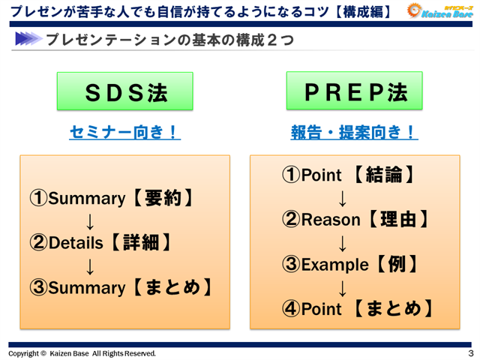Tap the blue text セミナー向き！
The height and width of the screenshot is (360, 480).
[124, 133]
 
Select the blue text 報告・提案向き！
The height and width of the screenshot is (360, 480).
[354, 133]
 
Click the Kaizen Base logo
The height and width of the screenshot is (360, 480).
[439, 10]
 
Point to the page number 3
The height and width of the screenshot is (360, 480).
[470, 352]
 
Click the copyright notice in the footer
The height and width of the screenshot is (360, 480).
[82, 352]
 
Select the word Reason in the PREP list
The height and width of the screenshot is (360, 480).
[331, 220]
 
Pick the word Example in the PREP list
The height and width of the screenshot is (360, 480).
[334, 264]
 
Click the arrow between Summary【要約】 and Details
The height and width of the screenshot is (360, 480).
[89, 221]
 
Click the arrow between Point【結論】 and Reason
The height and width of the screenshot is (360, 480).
[343, 198]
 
